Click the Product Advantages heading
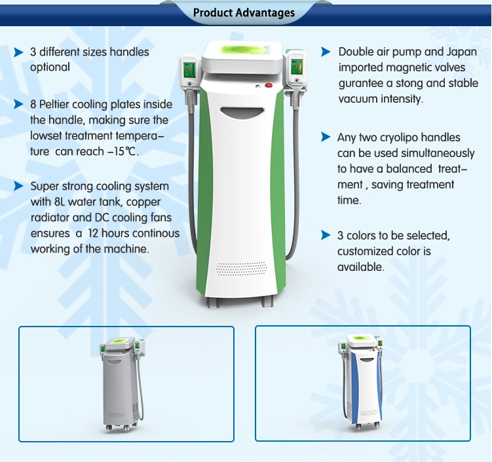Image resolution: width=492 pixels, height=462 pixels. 244,13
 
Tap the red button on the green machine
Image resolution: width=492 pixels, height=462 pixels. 269,85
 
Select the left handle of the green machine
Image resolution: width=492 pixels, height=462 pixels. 189,80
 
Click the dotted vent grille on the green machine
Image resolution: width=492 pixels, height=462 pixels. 241,268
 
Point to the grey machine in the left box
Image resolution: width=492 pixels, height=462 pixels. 123,384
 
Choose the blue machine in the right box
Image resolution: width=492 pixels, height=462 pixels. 362,382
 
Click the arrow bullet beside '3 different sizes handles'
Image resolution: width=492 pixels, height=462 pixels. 18,52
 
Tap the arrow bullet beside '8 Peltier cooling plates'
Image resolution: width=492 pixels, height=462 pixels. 18,104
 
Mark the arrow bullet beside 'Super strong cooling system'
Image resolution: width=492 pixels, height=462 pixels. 18,186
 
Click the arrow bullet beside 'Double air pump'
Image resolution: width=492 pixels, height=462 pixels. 326,52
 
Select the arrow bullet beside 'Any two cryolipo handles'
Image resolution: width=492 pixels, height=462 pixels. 326,137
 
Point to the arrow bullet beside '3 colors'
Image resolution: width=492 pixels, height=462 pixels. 326,235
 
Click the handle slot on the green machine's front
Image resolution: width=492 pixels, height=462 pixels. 242,112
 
